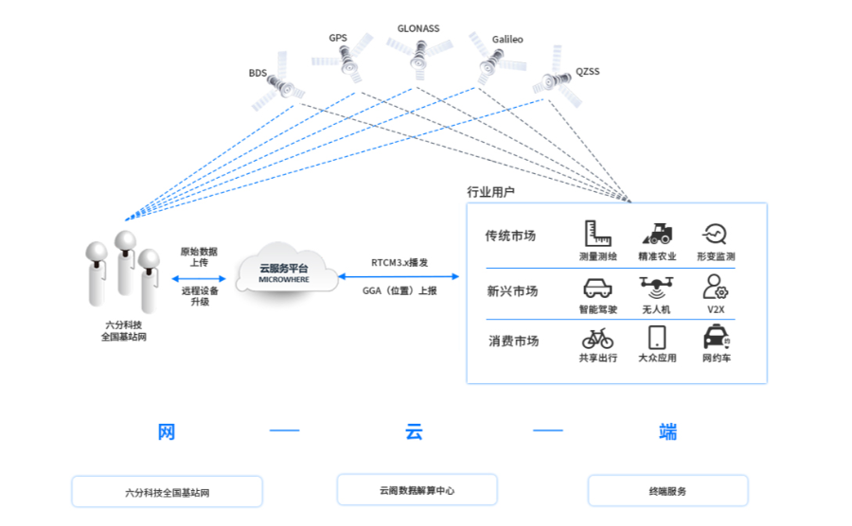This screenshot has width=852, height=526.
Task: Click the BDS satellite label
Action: [257, 73]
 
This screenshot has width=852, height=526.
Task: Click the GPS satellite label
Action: [338, 38]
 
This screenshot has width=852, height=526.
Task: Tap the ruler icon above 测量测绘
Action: [597, 234]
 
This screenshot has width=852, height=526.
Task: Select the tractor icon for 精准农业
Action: [657, 234]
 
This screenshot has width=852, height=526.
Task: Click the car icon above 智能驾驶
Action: [597, 288]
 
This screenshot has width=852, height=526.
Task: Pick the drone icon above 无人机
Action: [656, 287]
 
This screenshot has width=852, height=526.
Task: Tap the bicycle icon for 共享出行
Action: [597, 338]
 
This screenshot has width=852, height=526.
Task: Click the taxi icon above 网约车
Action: [716, 338]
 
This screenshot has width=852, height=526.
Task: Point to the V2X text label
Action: [716, 309]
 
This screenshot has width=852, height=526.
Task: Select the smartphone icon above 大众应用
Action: [657, 338]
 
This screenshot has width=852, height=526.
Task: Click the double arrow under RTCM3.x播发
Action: [399, 276]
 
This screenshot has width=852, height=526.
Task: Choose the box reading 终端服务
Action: [667, 491]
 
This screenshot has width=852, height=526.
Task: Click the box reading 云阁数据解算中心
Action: [417, 490]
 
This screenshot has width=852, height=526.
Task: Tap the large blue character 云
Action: [414, 432]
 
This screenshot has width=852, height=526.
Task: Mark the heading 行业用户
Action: [490, 192]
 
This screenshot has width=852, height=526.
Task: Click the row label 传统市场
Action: [510, 236]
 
